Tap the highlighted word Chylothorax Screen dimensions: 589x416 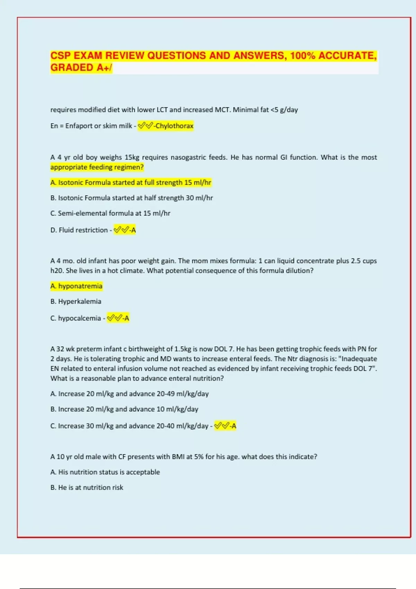coord(174,126)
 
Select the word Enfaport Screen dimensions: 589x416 coord(79,126)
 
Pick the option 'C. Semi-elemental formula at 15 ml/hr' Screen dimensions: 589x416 coord(110,213)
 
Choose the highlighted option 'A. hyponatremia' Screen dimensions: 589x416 coord(76,286)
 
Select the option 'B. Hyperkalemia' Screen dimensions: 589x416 coord(76,301)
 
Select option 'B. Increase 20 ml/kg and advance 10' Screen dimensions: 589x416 coord(124,409)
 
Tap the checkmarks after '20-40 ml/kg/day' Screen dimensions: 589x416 coord(222,426)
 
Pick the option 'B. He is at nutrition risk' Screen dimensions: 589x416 coord(87,487)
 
